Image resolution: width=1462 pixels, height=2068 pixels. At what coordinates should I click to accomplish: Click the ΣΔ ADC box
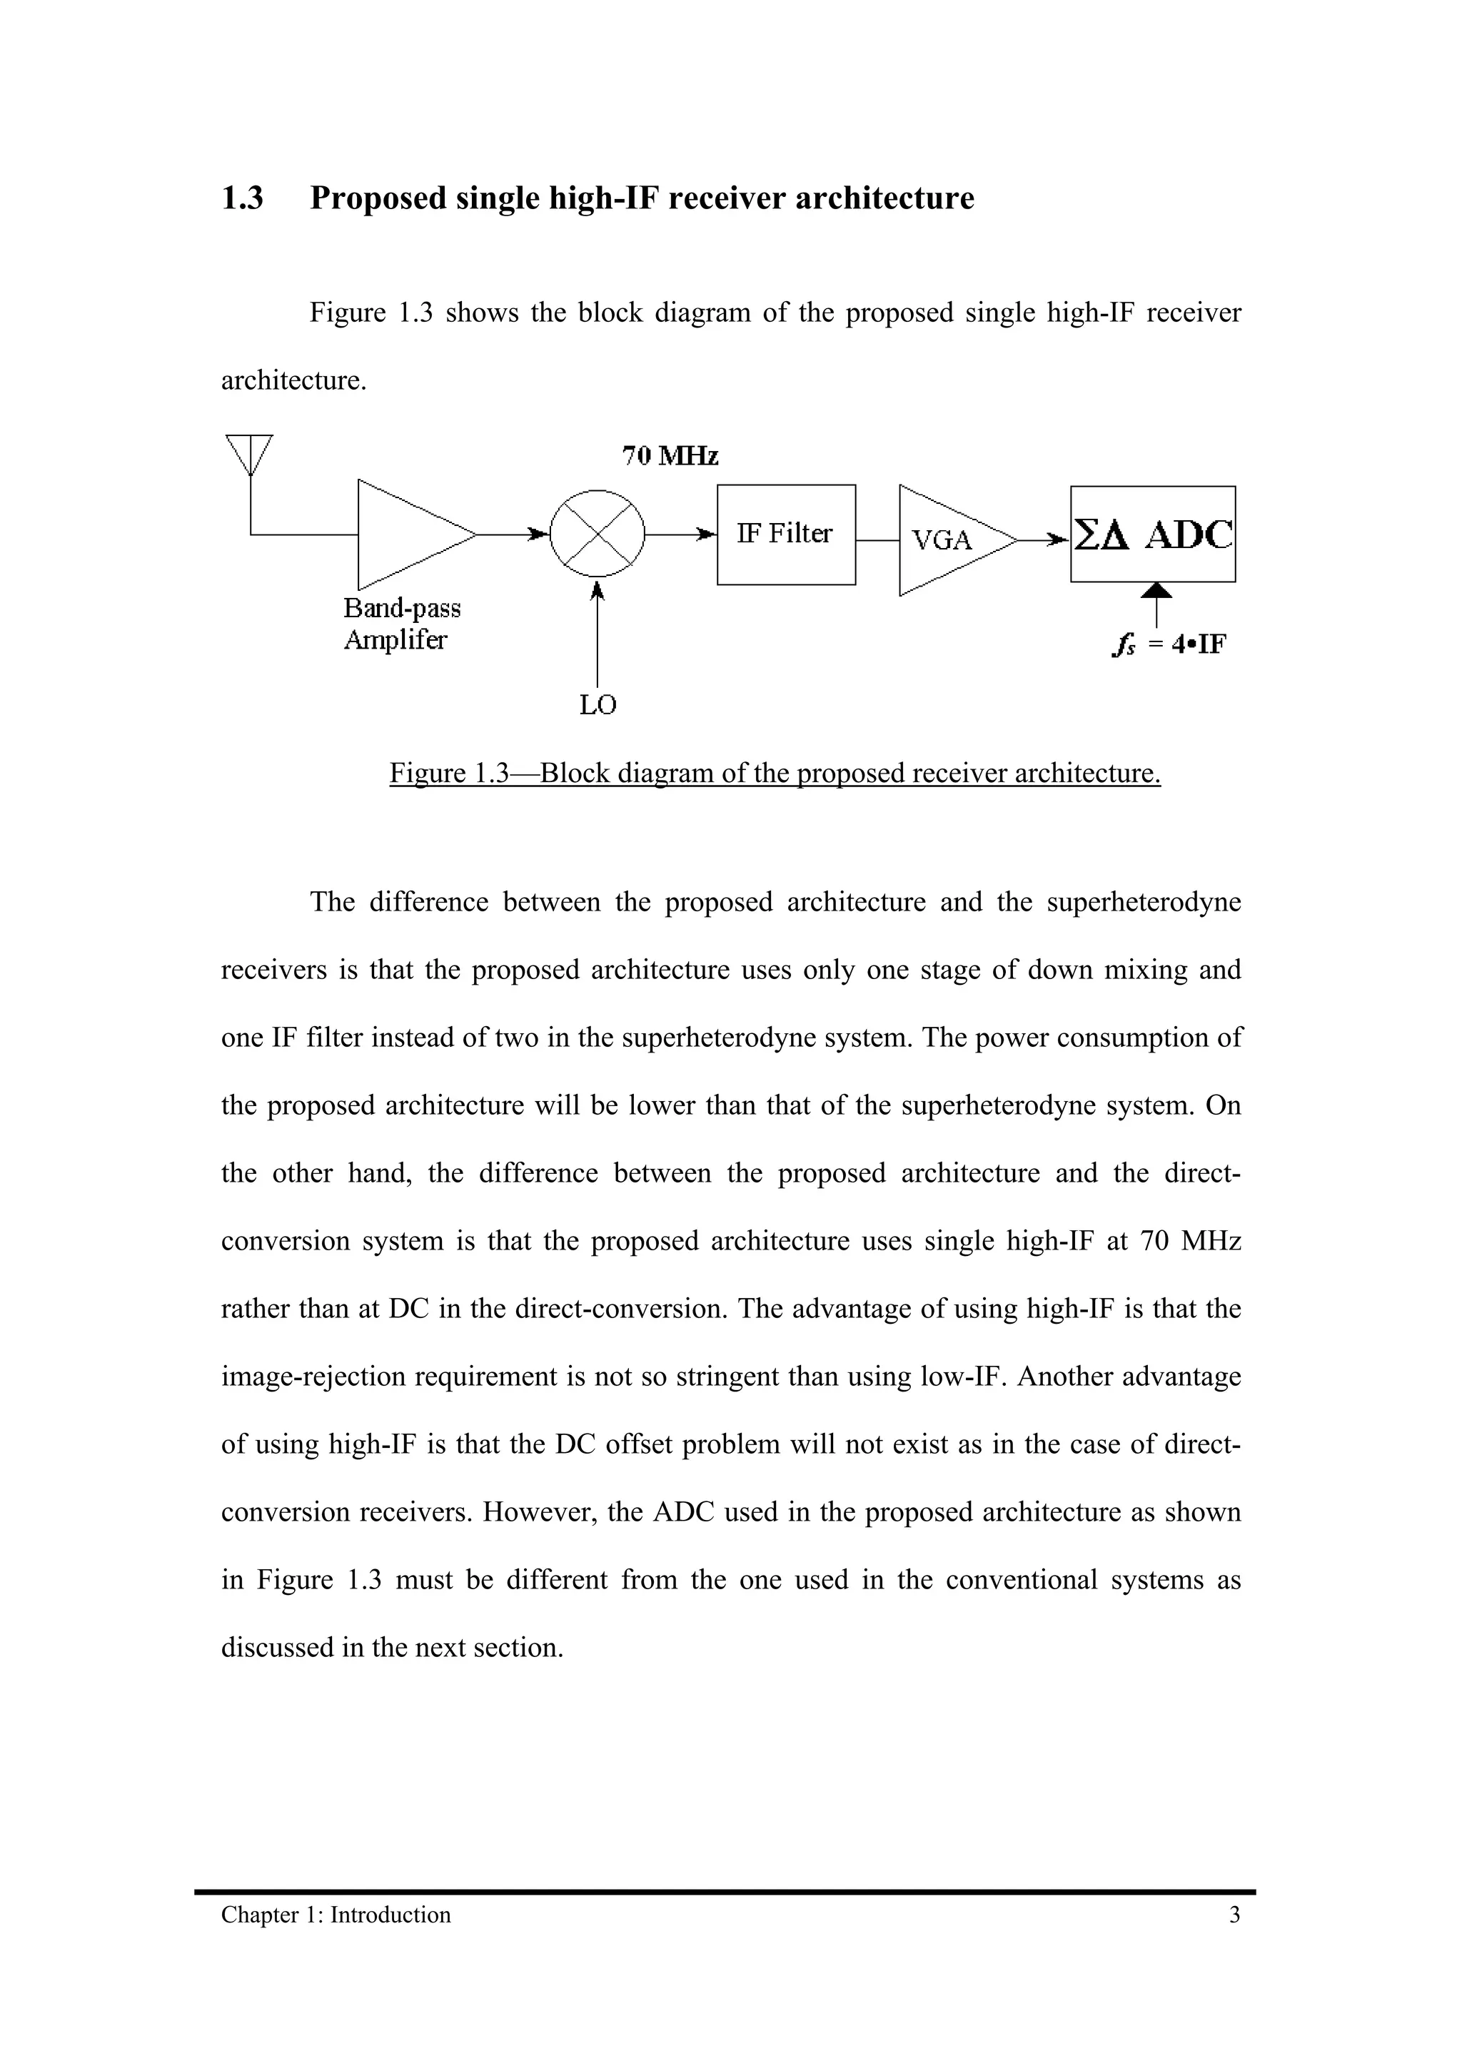click(x=1152, y=534)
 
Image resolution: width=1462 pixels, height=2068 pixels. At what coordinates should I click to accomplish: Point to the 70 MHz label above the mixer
click(x=670, y=457)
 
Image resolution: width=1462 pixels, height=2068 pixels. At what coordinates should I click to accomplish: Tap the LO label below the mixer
click(x=598, y=705)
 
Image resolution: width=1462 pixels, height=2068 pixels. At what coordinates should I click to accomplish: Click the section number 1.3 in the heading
click(x=242, y=198)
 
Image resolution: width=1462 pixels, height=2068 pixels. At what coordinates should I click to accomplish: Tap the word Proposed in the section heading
click(x=378, y=198)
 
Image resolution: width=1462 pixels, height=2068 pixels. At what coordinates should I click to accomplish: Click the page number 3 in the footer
click(x=1234, y=1915)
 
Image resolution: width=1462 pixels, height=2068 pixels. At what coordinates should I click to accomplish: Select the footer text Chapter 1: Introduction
click(x=336, y=1915)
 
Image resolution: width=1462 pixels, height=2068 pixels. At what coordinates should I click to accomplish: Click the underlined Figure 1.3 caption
click(x=775, y=773)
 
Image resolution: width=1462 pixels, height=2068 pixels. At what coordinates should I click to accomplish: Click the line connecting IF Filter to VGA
click(x=877, y=540)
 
